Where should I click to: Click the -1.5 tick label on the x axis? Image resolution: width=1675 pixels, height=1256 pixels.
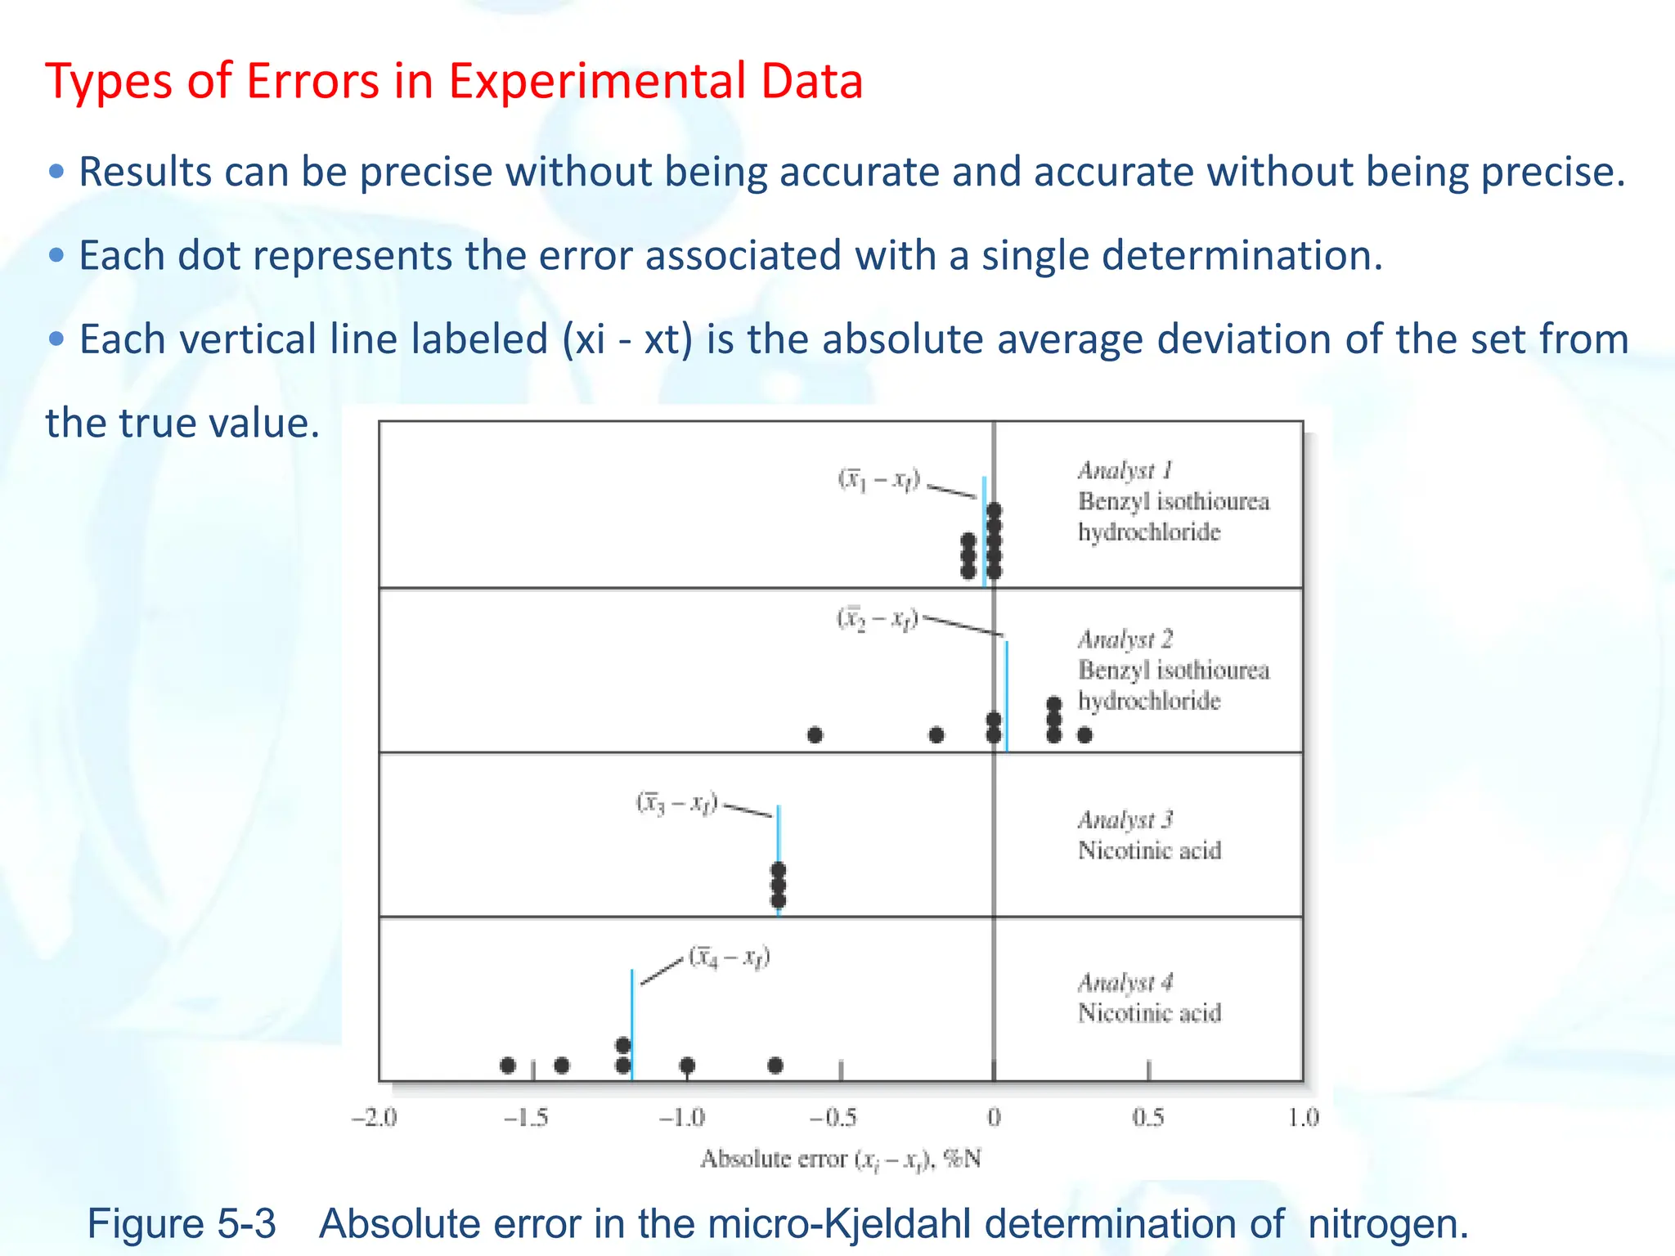pyautogui.click(x=526, y=1117)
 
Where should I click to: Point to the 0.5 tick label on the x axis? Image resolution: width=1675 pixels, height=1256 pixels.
pyautogui.click(x=1147, y=1117)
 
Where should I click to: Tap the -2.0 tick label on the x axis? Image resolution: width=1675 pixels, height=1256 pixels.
pyautogui.click(x=374, y=1117)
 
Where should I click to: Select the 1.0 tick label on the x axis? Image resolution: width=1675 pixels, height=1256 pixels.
pyautogui.click(x=1303, y=1117)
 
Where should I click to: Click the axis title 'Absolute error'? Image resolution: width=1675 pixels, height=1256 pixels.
pyautogui.click(x=773, y=1159)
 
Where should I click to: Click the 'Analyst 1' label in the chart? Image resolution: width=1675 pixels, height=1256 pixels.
pyautogui.click(x=1125, y=471)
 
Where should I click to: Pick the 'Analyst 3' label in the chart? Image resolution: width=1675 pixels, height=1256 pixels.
pyautogui.click(x=1125, y=819)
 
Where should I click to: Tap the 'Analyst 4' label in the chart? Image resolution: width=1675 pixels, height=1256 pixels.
pyautogui.click(x=1125, y=982)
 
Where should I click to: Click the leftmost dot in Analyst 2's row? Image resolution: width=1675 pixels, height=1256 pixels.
pyautogui.click(x=815, y=735)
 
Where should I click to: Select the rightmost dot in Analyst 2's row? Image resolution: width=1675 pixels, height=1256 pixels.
pyautogui.click(x=1084, y=735)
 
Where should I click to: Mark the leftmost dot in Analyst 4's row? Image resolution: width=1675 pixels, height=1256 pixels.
pyautogui.click(x=508, y=1065)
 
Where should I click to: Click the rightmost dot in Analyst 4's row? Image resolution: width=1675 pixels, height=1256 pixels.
pyautogui.click(x=775, y=1065)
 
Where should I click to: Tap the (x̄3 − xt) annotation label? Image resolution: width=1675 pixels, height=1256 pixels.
pyautogui.click(x=677, y=804)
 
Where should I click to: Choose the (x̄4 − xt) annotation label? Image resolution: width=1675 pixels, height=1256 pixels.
pyautogui.click(x=730, y=957)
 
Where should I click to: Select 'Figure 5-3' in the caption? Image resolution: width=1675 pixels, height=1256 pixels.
pyautogui.click(x=182, y=1224)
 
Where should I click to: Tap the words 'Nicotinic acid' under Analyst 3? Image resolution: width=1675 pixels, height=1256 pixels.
pyautogui.click(x=1149, y=851)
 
